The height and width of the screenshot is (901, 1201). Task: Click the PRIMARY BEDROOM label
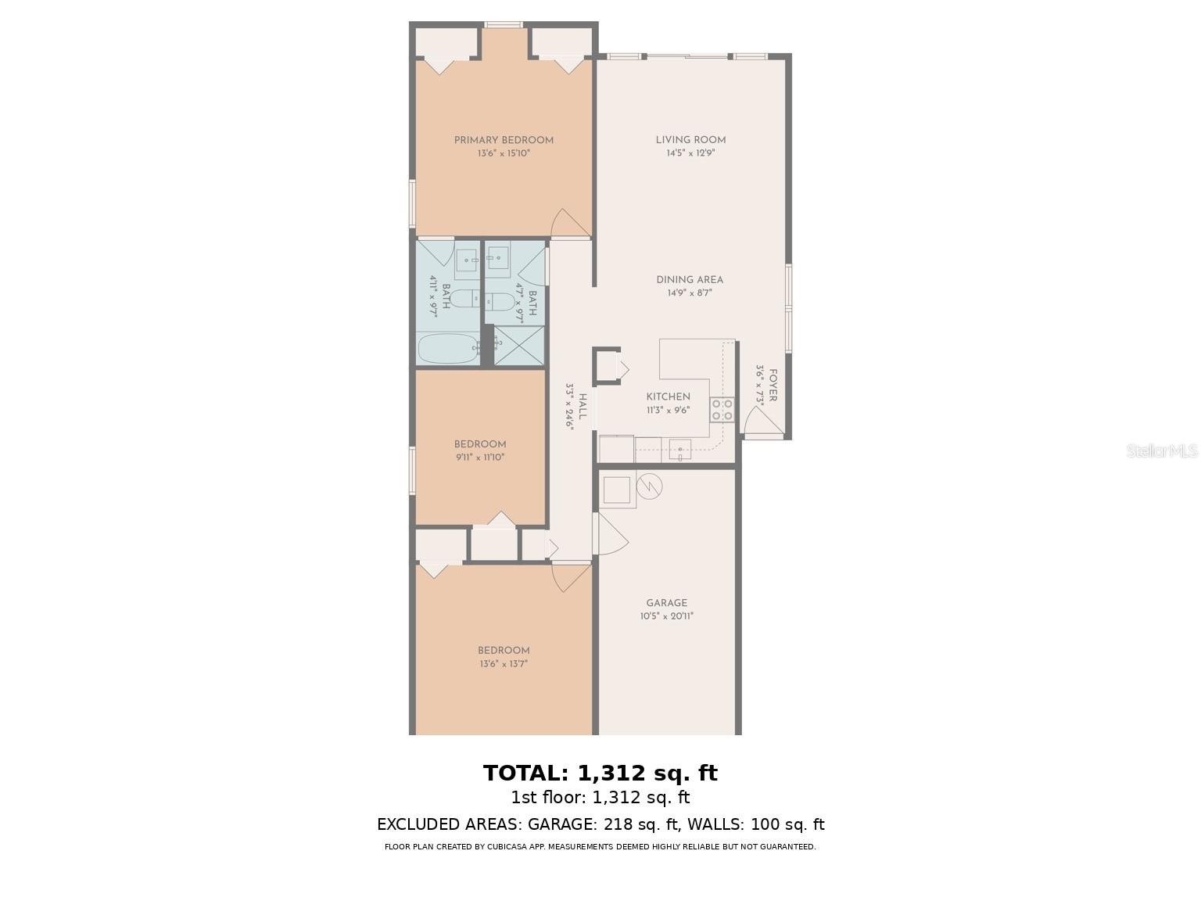tap(504, 141)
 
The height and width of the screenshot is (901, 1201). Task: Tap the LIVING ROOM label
tap(690, 141)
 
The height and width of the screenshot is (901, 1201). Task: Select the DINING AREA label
tap(690, 280)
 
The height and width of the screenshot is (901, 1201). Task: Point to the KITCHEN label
tap(668, 397)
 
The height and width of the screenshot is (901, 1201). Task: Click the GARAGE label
tap(667, 603)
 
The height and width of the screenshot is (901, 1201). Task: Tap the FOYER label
tap(773, 386)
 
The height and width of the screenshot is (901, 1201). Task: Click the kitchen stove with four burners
tap(722, 409)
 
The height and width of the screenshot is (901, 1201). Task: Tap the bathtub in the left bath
tap(448, 349)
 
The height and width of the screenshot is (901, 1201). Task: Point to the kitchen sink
tap(679, 450)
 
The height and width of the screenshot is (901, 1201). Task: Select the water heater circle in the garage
tap(650, 486)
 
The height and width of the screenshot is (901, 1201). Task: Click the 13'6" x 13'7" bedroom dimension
tap(504, 664)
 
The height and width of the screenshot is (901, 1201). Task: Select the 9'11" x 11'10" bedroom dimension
tap(480, 458)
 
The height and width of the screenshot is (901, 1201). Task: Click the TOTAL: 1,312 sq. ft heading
tap(600, 773)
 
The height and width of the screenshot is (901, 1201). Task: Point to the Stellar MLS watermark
tap(1161, 450)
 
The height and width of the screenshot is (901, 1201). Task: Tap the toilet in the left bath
tap(466, 298)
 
